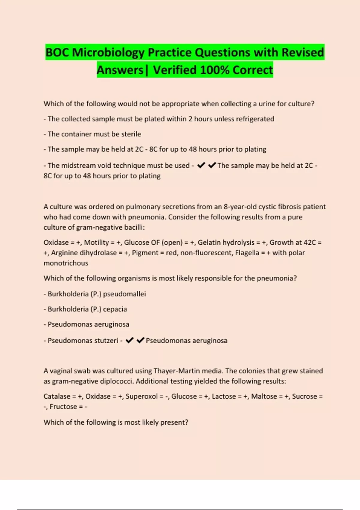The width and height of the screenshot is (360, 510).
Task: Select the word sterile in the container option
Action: click(x=131, y=134)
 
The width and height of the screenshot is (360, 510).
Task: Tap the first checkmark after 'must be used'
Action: click(x=201, y=165)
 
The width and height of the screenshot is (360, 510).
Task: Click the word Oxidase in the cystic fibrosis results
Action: click(x=56, y=242)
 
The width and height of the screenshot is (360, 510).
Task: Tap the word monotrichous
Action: click(x=66, y=263)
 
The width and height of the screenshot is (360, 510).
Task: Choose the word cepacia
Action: click(x=115, y=309)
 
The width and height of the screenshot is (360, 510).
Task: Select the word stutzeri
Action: click(x=106, y=341)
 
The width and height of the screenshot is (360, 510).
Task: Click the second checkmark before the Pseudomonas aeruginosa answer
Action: click(x=140, y=340)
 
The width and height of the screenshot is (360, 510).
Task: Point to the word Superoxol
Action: click(x=142, y=397)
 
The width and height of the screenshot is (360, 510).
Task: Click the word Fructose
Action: click(x=63, y=407)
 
